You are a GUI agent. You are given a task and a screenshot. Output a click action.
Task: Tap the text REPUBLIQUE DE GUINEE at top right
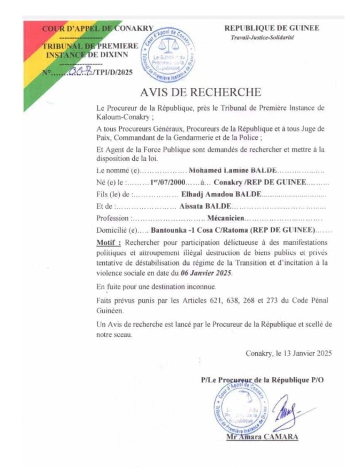(x=271, y=28)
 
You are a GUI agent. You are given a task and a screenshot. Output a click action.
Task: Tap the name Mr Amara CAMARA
(x=262, y=437)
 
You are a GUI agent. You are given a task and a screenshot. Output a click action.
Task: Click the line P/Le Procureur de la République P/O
(x=262, y=380)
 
